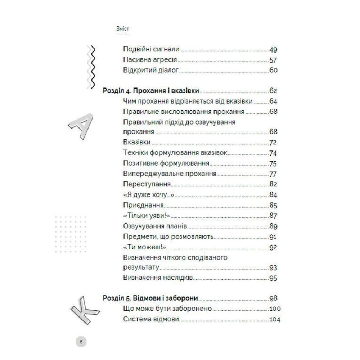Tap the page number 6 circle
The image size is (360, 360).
[81, 341]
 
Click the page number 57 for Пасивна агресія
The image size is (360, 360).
[273, 60]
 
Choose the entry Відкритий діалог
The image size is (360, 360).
[151, 70]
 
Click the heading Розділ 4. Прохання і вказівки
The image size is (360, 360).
[151, 91]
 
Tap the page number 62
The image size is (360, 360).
[273, 91]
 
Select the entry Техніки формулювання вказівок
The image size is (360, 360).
[175, 153]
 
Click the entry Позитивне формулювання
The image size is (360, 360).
[166, 163]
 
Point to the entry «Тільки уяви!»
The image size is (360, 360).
[146, 216]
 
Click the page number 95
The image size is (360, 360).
[273, 278]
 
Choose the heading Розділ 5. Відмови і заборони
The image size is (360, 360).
[152, 298]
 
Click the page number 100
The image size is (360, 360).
[275, 309]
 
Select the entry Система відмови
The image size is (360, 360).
[151, 319]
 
